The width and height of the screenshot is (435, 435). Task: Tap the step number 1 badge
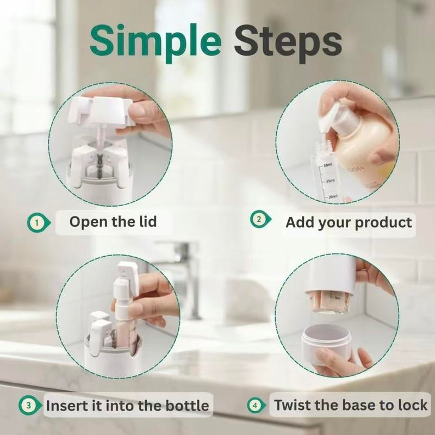(36, 222)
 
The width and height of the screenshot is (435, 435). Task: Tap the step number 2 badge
(259, 220)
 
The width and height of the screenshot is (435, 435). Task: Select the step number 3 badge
(28, 405)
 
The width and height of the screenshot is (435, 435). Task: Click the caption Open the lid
(113, 222)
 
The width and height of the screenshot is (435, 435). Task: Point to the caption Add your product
(349, 222)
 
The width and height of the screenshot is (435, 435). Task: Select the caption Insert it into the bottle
(127, 406)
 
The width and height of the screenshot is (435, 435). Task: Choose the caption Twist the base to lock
(351, 405)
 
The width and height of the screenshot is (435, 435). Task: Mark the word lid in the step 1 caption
(145, 222)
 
